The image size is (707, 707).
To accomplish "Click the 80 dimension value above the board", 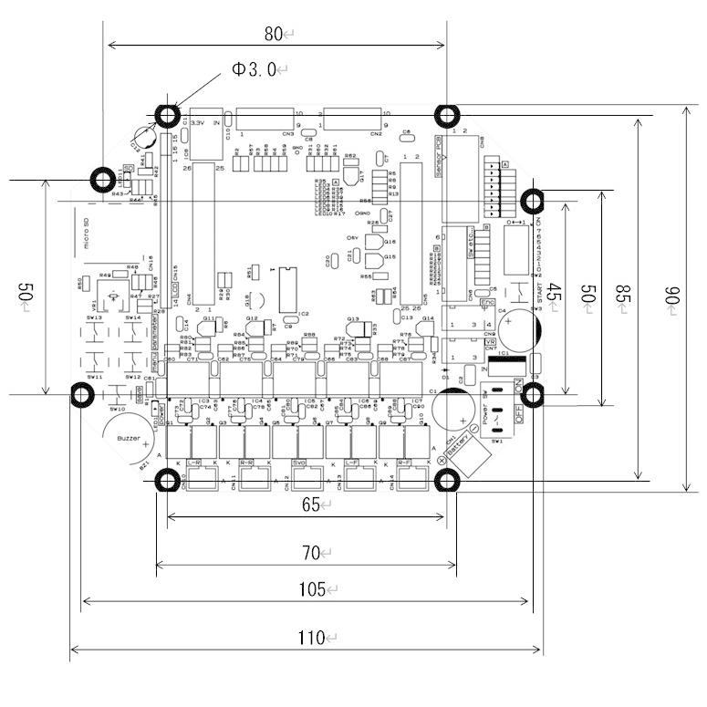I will click(273, 35).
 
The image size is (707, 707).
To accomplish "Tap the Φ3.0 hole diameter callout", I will click(255, 70).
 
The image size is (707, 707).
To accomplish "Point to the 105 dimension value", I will click(310, 589).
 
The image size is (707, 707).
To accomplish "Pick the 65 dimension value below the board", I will click(310, 505).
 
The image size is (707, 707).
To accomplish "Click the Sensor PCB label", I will click(439, 158).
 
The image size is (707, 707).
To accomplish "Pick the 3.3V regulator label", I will click(196, 120).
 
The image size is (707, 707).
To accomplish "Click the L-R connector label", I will click(194, 463).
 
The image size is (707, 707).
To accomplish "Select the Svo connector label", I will click(300, 463).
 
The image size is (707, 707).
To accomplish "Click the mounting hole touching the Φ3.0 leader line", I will click(168, 116).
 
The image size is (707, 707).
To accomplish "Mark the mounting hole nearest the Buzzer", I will click(82, 395).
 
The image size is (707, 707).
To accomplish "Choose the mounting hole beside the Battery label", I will click(447, 480).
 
